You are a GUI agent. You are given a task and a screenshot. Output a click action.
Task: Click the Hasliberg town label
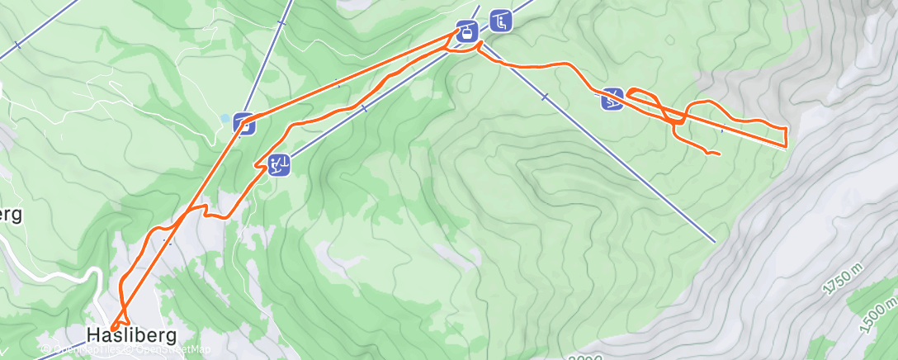click(131, 335)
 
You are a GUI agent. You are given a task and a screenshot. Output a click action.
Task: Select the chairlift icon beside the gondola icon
click(499, 21)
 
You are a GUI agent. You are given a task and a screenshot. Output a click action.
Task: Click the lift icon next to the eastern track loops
click(612, 98)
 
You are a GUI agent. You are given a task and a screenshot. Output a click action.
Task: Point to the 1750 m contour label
click(842, 282)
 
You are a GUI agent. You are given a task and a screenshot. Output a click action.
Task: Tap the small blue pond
click(224, 119)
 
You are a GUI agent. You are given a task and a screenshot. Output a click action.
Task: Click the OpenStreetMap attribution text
click(168, 349)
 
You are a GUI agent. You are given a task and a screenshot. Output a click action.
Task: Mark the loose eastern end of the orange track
click(721, 154)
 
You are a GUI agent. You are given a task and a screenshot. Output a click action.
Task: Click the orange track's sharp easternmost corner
click(786, 145)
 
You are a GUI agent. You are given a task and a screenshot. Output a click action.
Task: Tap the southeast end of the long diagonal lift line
click(715, 242)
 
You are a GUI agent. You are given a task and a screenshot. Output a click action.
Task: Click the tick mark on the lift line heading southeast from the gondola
click(544, 97)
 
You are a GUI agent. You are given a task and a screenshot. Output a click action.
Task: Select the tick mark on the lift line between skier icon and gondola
click(364, 107)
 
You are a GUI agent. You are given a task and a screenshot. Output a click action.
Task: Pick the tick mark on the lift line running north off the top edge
click(281, 23)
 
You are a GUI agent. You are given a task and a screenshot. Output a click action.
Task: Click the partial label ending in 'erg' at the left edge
click(10, 214)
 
